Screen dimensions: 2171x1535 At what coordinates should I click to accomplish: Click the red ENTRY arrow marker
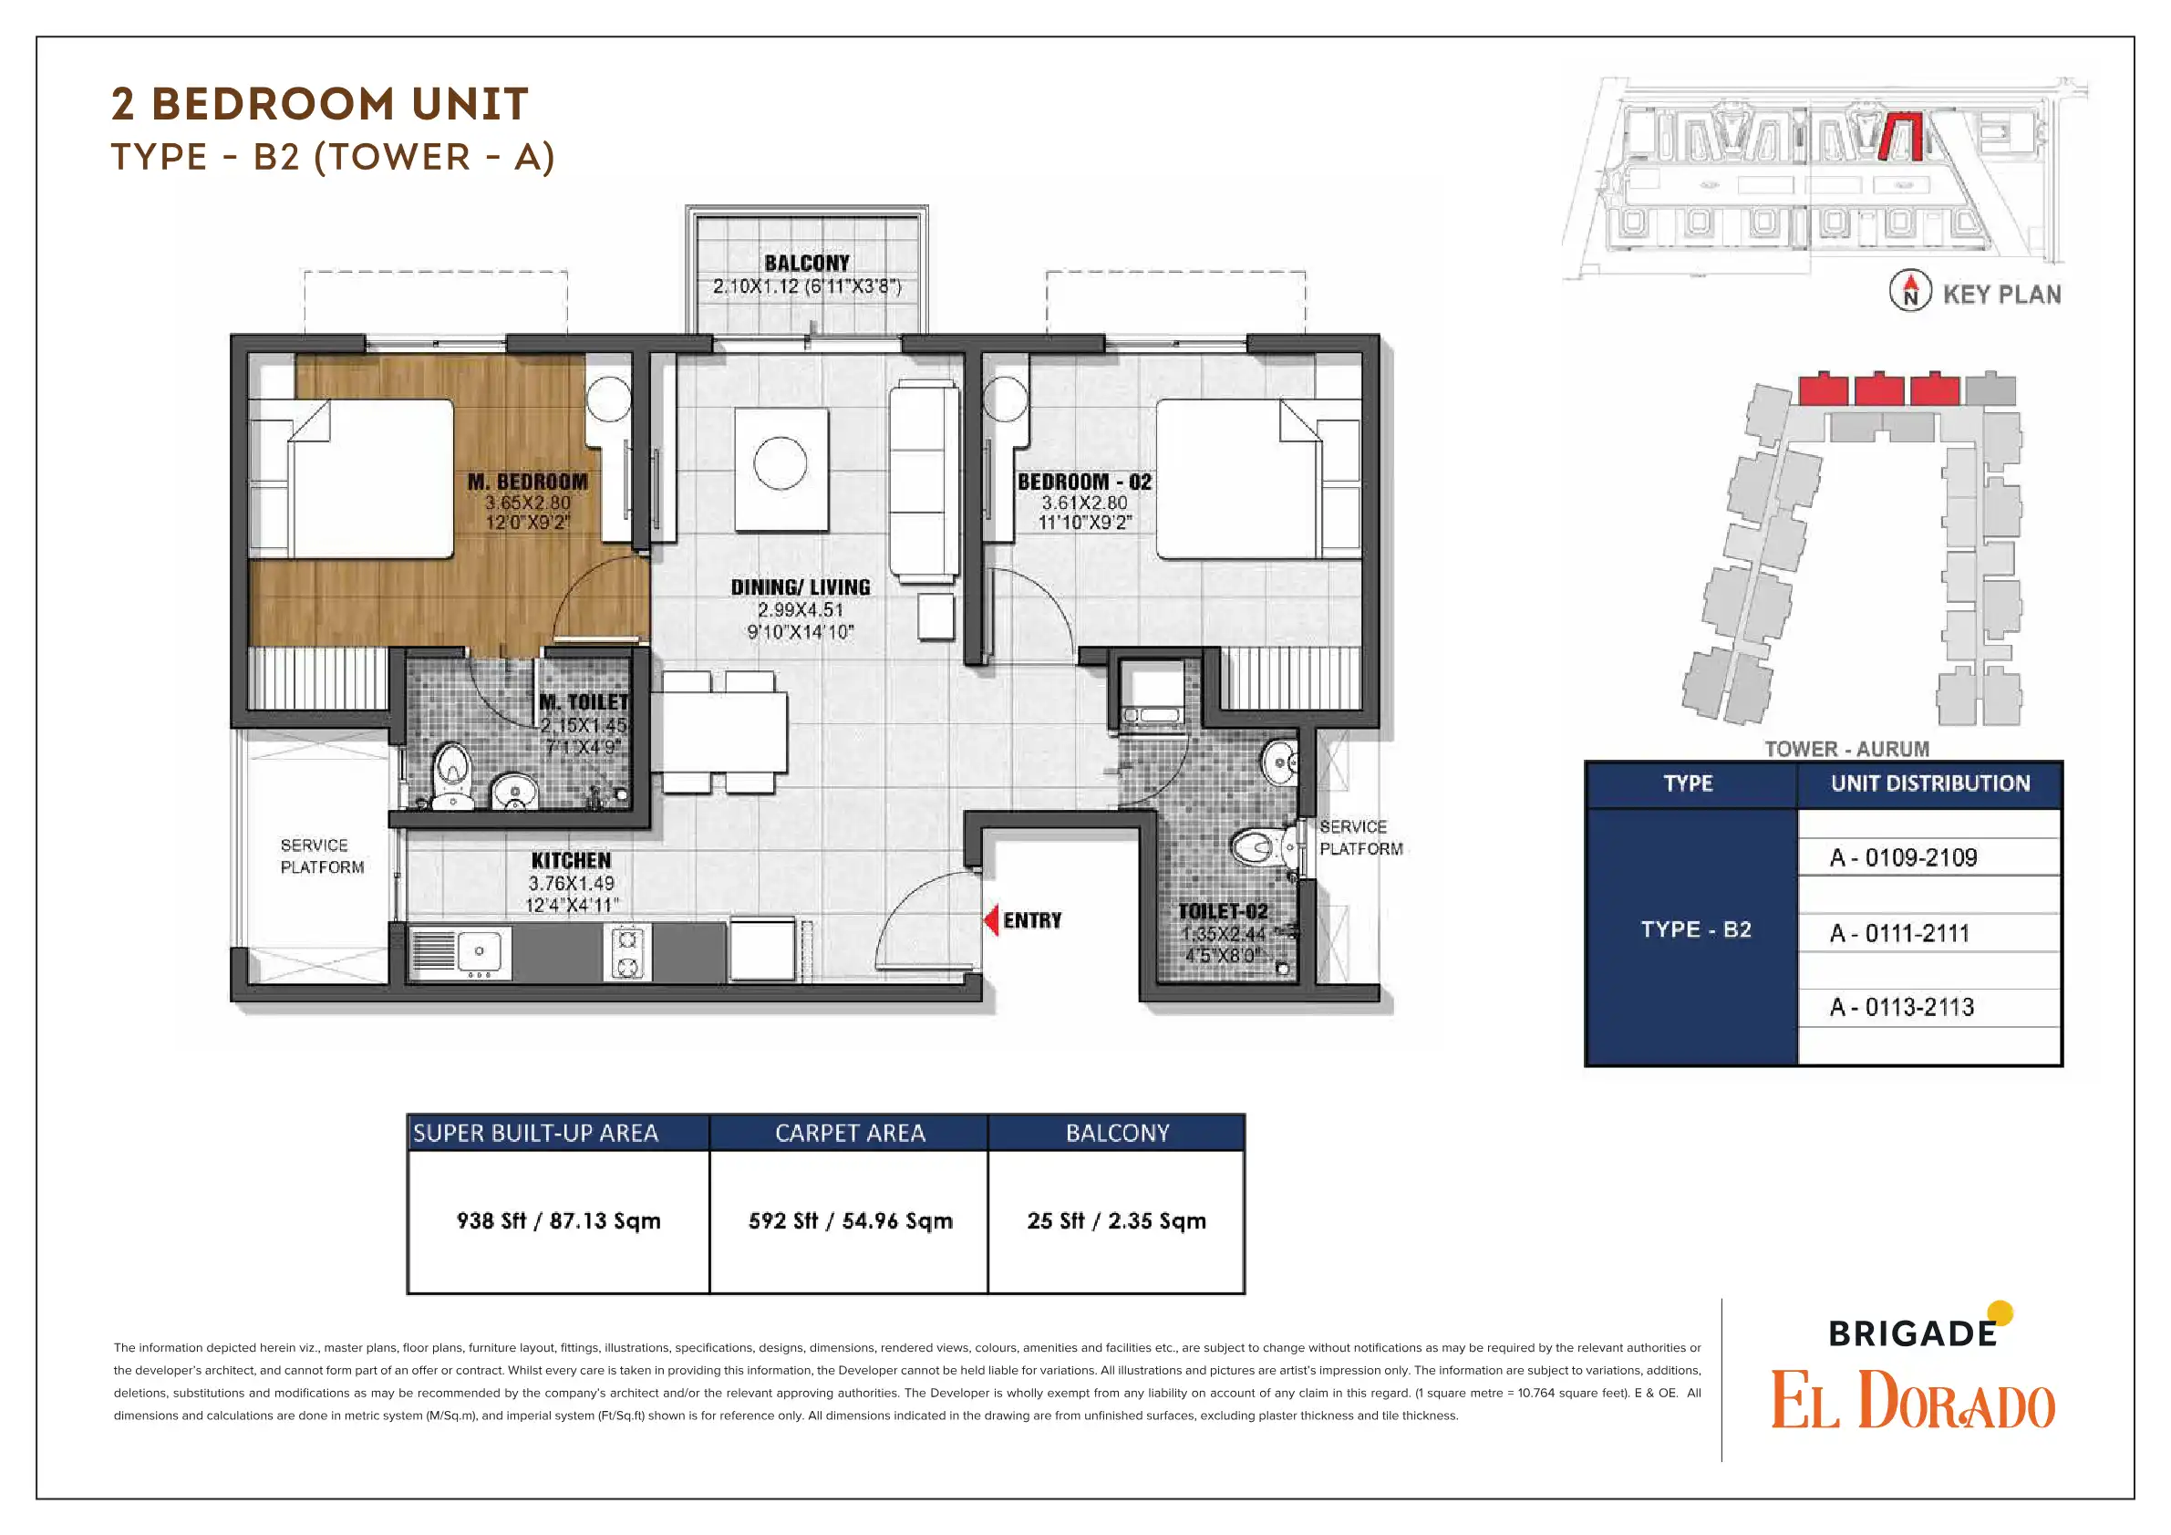click(x=991, y=919)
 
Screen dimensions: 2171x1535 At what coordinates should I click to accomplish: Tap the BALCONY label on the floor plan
click(x=807, y=263)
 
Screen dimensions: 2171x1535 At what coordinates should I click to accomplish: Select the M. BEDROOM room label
click(x=528, y=482)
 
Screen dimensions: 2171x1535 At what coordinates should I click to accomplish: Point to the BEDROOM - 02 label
click(x=1084, y=482)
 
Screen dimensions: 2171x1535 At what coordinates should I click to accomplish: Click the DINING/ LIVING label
click(x=800, y=586)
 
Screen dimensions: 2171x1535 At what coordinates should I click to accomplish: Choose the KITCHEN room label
click(x=571, y=860)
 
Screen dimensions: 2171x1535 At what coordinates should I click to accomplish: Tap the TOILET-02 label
click(x=1223, y=911)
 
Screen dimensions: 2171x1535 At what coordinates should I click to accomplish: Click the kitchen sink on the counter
click(x=461, y=951)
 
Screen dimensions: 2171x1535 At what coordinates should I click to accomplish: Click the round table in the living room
click(x=781, y=463)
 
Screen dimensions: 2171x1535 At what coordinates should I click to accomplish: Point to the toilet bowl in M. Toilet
click(x=452, y=773)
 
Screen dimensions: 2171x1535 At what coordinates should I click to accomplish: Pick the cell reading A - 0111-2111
click(x=1899, y=933)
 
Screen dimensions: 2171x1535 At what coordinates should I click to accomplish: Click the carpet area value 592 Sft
click(x=783, y=1221)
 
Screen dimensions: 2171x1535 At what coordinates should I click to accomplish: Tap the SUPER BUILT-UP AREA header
click(x=535, y=1133)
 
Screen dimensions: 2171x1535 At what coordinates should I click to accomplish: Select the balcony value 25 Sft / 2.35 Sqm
click(x=1117, y=1221)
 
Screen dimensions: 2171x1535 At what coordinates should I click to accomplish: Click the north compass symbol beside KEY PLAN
click(x=1910, y=290)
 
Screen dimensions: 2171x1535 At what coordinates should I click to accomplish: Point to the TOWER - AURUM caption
click(x=1846, y=749)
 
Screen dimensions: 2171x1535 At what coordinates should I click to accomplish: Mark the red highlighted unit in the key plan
click(x=1899, y=136)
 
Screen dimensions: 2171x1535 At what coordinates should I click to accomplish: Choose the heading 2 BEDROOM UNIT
click(x=320, y=104)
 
